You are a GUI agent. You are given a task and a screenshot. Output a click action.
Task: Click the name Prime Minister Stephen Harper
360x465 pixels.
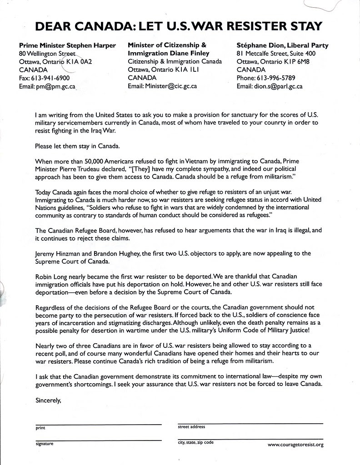click(67, 45)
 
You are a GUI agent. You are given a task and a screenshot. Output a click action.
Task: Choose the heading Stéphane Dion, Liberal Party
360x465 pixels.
click(282, 45)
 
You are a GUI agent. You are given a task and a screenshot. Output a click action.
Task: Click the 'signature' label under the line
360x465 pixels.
click(44, 443)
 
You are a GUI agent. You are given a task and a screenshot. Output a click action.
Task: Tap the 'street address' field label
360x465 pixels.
click(191, 427)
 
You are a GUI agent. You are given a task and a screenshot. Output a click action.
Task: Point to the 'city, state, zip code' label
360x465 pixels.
click(196, 442)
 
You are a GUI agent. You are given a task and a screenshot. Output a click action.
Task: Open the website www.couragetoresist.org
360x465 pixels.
click(295, 445)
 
